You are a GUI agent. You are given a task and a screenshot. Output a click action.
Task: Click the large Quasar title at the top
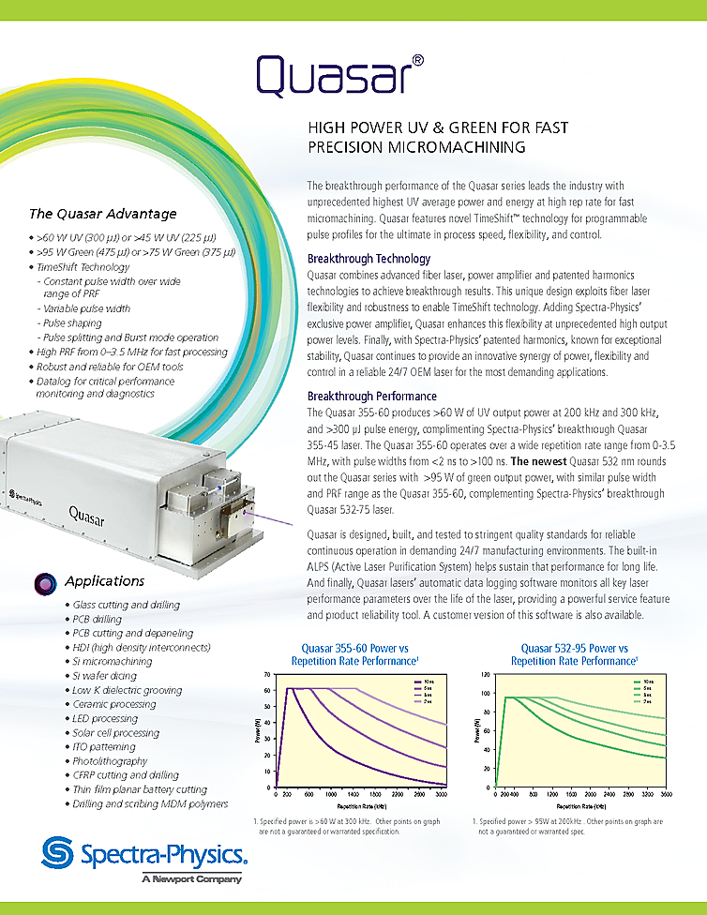coord(333,77)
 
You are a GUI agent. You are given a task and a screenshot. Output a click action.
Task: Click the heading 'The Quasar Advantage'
coord(102,214)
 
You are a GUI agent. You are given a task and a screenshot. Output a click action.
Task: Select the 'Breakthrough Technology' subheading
coord(369,259)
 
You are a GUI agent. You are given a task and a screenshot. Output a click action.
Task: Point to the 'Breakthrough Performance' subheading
coord(371,397)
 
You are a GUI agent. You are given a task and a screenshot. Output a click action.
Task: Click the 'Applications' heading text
coord(104,581)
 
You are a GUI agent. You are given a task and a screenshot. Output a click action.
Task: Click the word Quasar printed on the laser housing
coord(92,511)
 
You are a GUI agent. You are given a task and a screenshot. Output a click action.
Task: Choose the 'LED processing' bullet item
coord(111,718)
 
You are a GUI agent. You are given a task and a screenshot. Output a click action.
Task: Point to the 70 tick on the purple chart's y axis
coord(267,675)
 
